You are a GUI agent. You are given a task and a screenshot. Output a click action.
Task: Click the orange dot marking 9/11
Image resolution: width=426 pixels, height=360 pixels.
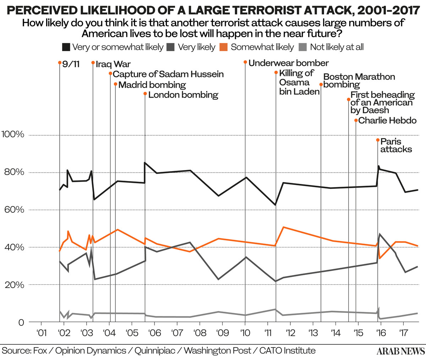tap(60, 63)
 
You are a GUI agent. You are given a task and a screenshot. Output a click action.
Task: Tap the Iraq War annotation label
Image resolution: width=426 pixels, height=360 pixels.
tap(113, 64)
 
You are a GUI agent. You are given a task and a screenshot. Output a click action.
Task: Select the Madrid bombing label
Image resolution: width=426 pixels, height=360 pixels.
tap(152, 85)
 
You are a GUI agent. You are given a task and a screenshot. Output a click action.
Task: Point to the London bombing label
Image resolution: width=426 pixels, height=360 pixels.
tap(183, 95)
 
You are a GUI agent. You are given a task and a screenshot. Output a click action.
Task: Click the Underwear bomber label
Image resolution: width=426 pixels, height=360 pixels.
tap(288, 63)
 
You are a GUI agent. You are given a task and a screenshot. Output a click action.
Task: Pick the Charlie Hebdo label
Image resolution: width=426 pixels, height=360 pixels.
tap(387, 120)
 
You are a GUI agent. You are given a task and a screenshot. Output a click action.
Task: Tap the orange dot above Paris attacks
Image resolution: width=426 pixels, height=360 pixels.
tap(378, 140)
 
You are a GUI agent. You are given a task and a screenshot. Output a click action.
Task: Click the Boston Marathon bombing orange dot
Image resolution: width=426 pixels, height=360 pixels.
tap(321, 84)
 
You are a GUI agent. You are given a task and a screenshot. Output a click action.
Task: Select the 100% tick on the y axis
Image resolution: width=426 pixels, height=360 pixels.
tap(13, 135)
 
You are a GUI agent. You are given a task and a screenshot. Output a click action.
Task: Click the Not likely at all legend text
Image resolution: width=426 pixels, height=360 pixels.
tap(337, 47)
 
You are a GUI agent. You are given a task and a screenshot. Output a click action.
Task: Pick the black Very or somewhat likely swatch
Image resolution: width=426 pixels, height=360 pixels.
tap(66, 47)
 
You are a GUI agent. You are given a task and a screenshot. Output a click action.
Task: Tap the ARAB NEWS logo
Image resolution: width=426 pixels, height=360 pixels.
tap(400, 351)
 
